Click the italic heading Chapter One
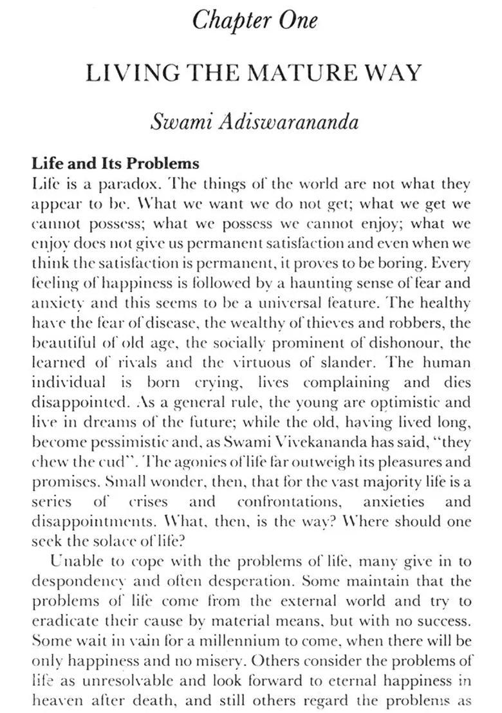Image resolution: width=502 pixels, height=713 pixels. tap(255, 20)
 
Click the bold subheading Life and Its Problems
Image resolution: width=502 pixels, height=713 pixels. tap(116, 163)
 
